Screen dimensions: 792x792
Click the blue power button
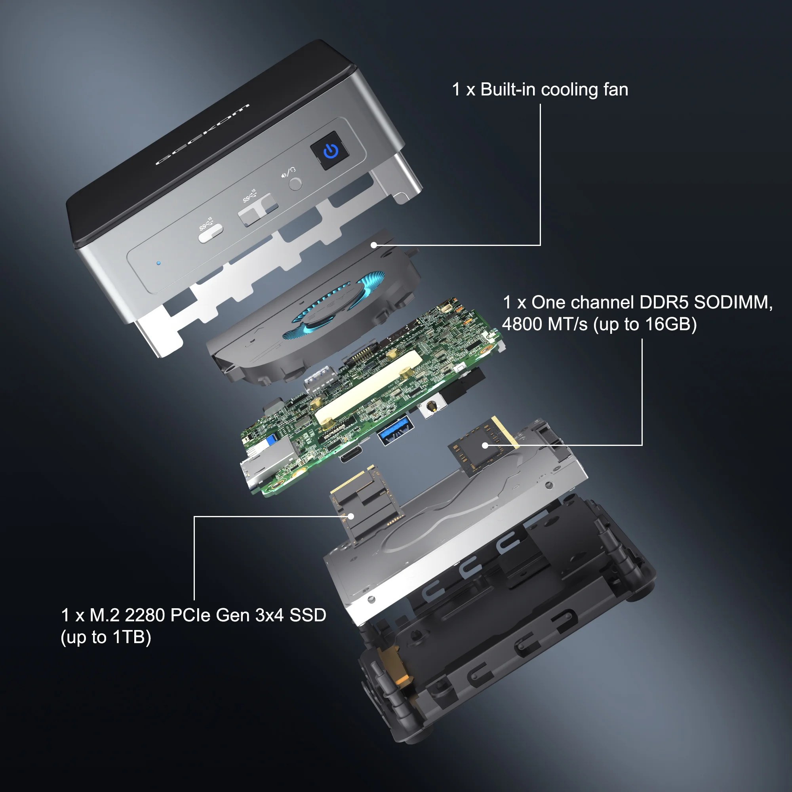(330, 150)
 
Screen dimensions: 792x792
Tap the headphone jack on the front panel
(295, 183)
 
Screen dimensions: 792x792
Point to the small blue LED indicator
(159, 263)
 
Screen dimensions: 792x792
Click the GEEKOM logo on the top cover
(202, 135)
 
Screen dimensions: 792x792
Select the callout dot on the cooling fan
(373, 245)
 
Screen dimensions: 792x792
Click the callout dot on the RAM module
(485, 445)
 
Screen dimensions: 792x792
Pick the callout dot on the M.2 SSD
(351, 516)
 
